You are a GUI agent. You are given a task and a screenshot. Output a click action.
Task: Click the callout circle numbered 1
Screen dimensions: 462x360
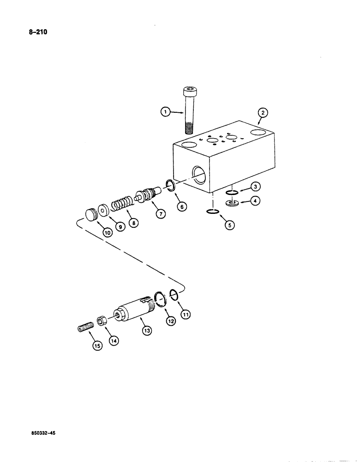(164, 111)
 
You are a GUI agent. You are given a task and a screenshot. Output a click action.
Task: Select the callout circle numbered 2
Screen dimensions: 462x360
(262, 113)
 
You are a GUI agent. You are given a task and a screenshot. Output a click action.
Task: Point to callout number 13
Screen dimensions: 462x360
(147, 331)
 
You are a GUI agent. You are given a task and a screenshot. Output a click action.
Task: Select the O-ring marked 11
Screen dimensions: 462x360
(174, 294)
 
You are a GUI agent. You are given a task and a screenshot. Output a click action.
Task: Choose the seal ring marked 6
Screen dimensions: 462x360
(169, 186)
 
